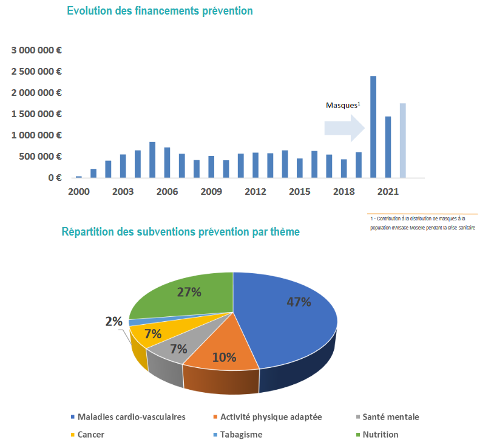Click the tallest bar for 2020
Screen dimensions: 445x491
point(373,127)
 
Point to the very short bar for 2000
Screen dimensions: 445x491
point(79,177)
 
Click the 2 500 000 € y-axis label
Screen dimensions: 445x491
point(36,72)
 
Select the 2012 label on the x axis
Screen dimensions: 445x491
point(256,192)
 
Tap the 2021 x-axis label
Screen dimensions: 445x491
point(388,192)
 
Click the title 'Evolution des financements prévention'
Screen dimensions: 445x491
point(160,12)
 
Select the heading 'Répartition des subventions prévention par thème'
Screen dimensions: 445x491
point(180,232)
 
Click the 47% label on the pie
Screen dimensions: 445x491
point(299,302)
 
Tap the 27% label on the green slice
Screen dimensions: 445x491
point(189,292)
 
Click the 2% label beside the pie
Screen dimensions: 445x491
point(113,322)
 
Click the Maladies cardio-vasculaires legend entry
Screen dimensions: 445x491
point(128,416)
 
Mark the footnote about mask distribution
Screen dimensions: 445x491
point(422,223)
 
